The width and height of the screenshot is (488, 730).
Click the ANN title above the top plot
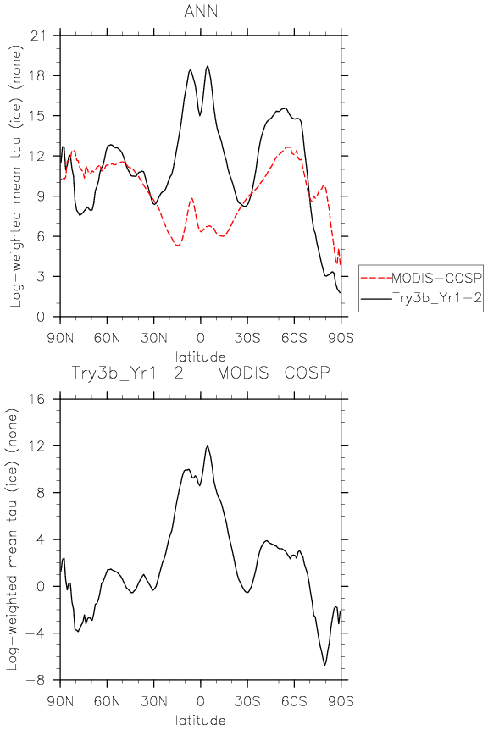tap(201, 11)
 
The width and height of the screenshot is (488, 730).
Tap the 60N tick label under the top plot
tap(107, 338)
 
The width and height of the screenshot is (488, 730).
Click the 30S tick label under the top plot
tap(247, 338)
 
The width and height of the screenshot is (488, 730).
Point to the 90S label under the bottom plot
tap(341, 701)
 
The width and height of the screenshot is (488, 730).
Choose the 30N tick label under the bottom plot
tap(153, 701)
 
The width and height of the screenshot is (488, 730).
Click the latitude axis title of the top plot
tap(201, 357)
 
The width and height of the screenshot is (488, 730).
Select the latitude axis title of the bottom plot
tap(201, 720)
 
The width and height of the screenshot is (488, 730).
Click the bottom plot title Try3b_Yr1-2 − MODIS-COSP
tap(201, 373)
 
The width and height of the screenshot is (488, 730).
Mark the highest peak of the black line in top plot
tap(208, 66)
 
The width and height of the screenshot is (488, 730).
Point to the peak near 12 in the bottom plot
tap(208, 446)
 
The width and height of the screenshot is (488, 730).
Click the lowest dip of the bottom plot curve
tap(324, 666)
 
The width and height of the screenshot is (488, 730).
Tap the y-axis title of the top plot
tap(16, 176)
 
